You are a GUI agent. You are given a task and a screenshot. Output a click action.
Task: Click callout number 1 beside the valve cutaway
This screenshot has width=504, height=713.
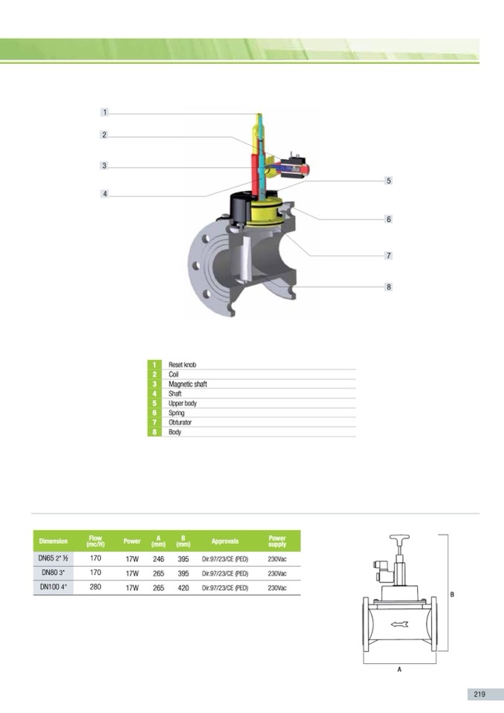[x=105, y=112]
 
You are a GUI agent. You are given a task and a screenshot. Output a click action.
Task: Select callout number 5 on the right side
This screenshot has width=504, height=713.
[x=388, y=181]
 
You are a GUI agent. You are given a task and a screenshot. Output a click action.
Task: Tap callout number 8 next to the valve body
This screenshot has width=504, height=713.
[x=388, y=287]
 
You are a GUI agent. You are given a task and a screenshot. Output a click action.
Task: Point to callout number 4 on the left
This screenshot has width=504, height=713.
[x=105, y=194]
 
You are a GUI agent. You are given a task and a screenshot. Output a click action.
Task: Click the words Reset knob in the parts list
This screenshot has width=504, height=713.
[x=182, y=365]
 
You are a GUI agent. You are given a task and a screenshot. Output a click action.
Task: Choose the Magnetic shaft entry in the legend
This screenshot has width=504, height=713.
[x=187, y=384]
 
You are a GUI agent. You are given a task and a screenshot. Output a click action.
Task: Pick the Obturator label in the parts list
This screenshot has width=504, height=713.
[x=180, y=422]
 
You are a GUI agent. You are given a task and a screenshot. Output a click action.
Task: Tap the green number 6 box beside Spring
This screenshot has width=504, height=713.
[x=155, y=413]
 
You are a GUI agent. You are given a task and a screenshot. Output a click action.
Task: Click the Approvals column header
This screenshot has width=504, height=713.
[x=224, y=541]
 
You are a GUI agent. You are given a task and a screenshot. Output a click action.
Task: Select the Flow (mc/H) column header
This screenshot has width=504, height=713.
[x=95, y=541]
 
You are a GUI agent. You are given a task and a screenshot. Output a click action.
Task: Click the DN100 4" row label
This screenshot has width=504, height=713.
[x=54, y=587]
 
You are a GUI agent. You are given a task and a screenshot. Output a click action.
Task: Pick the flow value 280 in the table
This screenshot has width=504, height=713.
[x=95, y=587]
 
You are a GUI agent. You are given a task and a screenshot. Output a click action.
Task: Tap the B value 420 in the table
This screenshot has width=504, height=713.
[x=183, y=587]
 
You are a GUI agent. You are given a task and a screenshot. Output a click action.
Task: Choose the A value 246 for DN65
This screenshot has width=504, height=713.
[x=158, y=558]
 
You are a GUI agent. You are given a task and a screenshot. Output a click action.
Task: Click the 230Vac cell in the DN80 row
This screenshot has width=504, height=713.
[x=277, y=573]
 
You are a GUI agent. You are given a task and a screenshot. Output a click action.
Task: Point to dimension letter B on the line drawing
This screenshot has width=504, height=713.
[x=452, y=593]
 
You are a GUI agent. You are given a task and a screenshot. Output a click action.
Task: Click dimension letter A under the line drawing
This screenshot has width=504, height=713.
[x=399, y=669]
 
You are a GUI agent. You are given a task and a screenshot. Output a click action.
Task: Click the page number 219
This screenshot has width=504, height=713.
[x=479, y=694]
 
